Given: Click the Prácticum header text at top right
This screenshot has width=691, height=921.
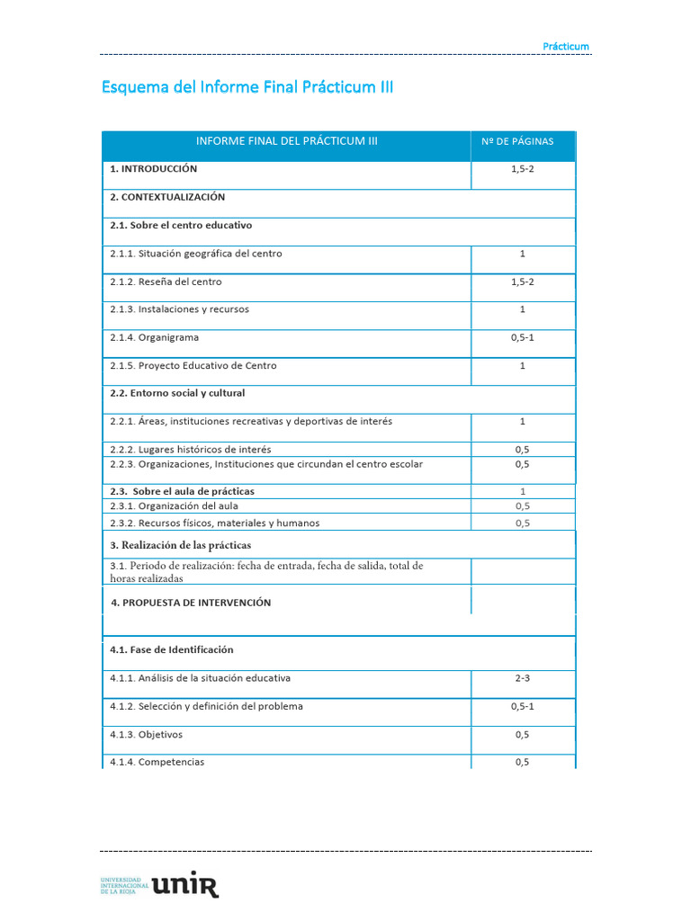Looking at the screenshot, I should pyautogui.click(x=566, y=46).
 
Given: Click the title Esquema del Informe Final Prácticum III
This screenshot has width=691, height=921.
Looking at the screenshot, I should pyautogui.click(x=247, y=87).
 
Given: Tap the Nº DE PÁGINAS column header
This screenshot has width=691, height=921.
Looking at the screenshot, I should pyautogui.click(x=522, y=141).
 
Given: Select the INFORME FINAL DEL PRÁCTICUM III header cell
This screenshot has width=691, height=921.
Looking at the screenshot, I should pyautogui.click(x=287, y=141).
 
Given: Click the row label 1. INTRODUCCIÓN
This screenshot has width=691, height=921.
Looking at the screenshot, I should pyautogui.click(x=154, y=168).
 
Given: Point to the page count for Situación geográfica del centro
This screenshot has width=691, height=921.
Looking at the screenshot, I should pyautogui.click(x=522, y=254).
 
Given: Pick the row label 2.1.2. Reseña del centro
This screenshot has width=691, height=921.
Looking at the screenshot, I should pyautogui.click(x=166, y=282).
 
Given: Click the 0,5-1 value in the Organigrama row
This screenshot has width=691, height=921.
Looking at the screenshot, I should pyautogui.click(x=522, y=337).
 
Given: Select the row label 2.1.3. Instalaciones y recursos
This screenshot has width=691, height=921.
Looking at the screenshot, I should pyautogui.click(x=180, y=309).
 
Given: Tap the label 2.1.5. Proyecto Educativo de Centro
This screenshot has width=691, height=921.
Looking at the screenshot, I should pyautogui.click(x=193, y=366).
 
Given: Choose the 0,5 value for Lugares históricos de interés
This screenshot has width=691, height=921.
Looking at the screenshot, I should pyautogui.click(x=522, y=449).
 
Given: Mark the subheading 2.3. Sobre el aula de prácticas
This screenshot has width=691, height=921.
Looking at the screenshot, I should pyautogui.click(x=182, y=491).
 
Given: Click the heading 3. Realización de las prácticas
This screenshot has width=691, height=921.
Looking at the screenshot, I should pyautogui.click(x=181, y=545).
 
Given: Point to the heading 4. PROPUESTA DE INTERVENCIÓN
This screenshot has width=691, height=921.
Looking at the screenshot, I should pyautogui.click(x=191, y=603).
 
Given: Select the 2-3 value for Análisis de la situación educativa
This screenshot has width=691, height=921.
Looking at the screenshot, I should pyautogui.click(x=522, y=678).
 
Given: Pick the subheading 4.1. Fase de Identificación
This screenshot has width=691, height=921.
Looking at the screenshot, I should pyautogui.click(x=172, y=649).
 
